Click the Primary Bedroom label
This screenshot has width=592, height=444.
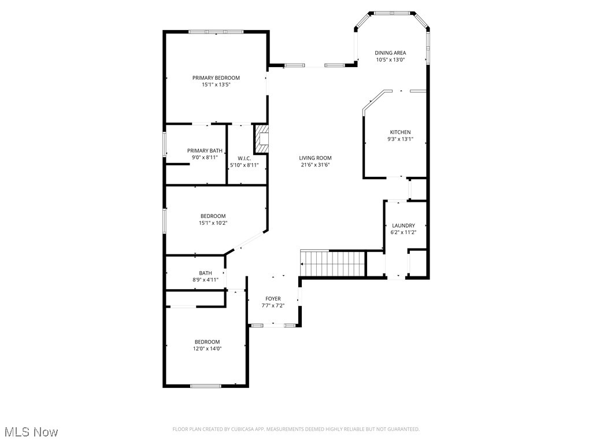(216, 77)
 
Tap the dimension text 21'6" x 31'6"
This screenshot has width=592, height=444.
(315, 165)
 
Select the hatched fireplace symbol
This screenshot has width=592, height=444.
(262, 139)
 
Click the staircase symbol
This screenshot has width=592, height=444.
(334, 264)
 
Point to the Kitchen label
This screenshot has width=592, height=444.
(400, 132)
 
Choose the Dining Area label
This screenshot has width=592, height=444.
(390, 53)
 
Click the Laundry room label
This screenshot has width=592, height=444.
(403, 225)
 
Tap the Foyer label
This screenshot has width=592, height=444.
(273, 299)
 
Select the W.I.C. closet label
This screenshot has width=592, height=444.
(244, 158)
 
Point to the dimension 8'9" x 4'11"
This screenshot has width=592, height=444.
(205, 280)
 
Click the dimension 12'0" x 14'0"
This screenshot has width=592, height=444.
(207, 349)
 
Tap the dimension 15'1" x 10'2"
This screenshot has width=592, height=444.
(213, 223)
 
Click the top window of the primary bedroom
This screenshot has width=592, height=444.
(216, 32)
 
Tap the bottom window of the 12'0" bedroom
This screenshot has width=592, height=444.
(206, 386)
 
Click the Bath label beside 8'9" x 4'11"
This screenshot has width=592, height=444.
(205, 273)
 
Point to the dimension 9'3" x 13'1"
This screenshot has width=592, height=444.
(400, 139)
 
